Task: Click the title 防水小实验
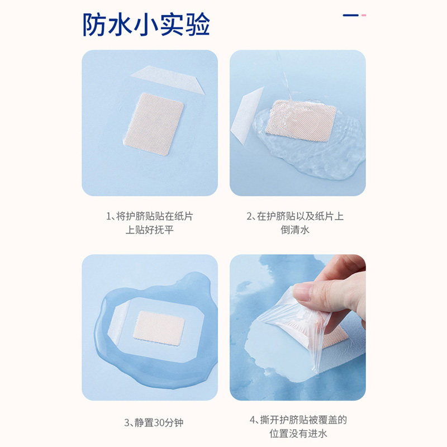(146, 25)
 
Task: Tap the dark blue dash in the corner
(351, 15)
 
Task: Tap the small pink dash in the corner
(364, 15)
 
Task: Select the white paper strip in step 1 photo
(168, 79)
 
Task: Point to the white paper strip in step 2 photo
(246, 116)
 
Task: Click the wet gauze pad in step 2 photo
(301, 121)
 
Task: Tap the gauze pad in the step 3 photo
(159, 328)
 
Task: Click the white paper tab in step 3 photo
(118, 318)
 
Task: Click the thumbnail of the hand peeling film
(298, 327)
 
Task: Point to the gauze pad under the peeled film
(335, 339)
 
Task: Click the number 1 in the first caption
(108, 216)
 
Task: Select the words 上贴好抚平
(150, 230)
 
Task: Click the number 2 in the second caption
(249, 216)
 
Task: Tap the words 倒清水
(295, 230)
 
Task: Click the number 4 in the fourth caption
(253, 420)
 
